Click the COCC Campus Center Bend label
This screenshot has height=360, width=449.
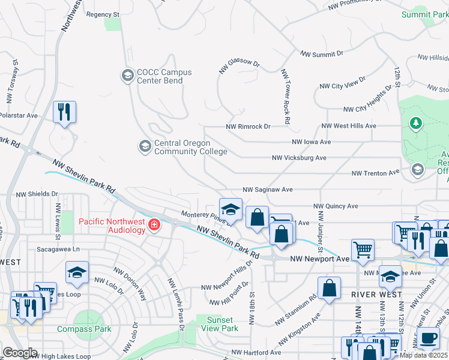(164, 76)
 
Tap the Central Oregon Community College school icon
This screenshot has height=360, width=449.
(145, 146)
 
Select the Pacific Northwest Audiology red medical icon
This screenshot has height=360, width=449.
(154, 225)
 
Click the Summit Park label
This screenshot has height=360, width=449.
(425, 14)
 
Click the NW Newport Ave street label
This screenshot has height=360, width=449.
(319, 259)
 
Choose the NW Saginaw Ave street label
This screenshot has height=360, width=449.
(267, 190)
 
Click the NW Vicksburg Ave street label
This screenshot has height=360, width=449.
(299, 158)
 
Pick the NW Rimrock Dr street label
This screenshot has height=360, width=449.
(249, 127)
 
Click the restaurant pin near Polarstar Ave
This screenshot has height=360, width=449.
(64, 112)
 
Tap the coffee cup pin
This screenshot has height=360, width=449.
(428, 338)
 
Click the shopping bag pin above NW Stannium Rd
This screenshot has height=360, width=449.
(330, 288)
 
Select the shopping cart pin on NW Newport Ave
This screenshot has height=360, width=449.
(363, 250)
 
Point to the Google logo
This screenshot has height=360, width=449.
(20, 353)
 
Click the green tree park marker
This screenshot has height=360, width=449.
(415, 123)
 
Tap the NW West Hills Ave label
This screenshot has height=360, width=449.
(348, 126)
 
